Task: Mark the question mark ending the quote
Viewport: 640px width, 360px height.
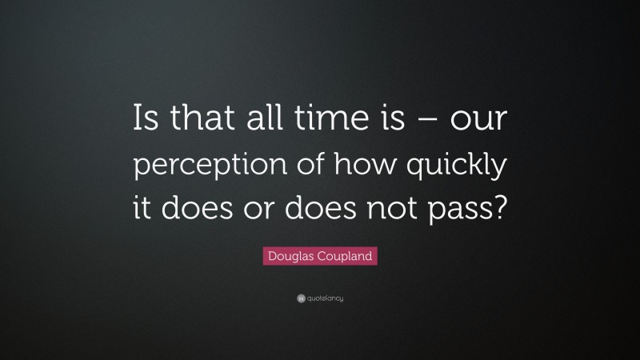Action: (498, 211)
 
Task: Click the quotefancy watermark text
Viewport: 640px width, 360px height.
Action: (324, 298)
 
